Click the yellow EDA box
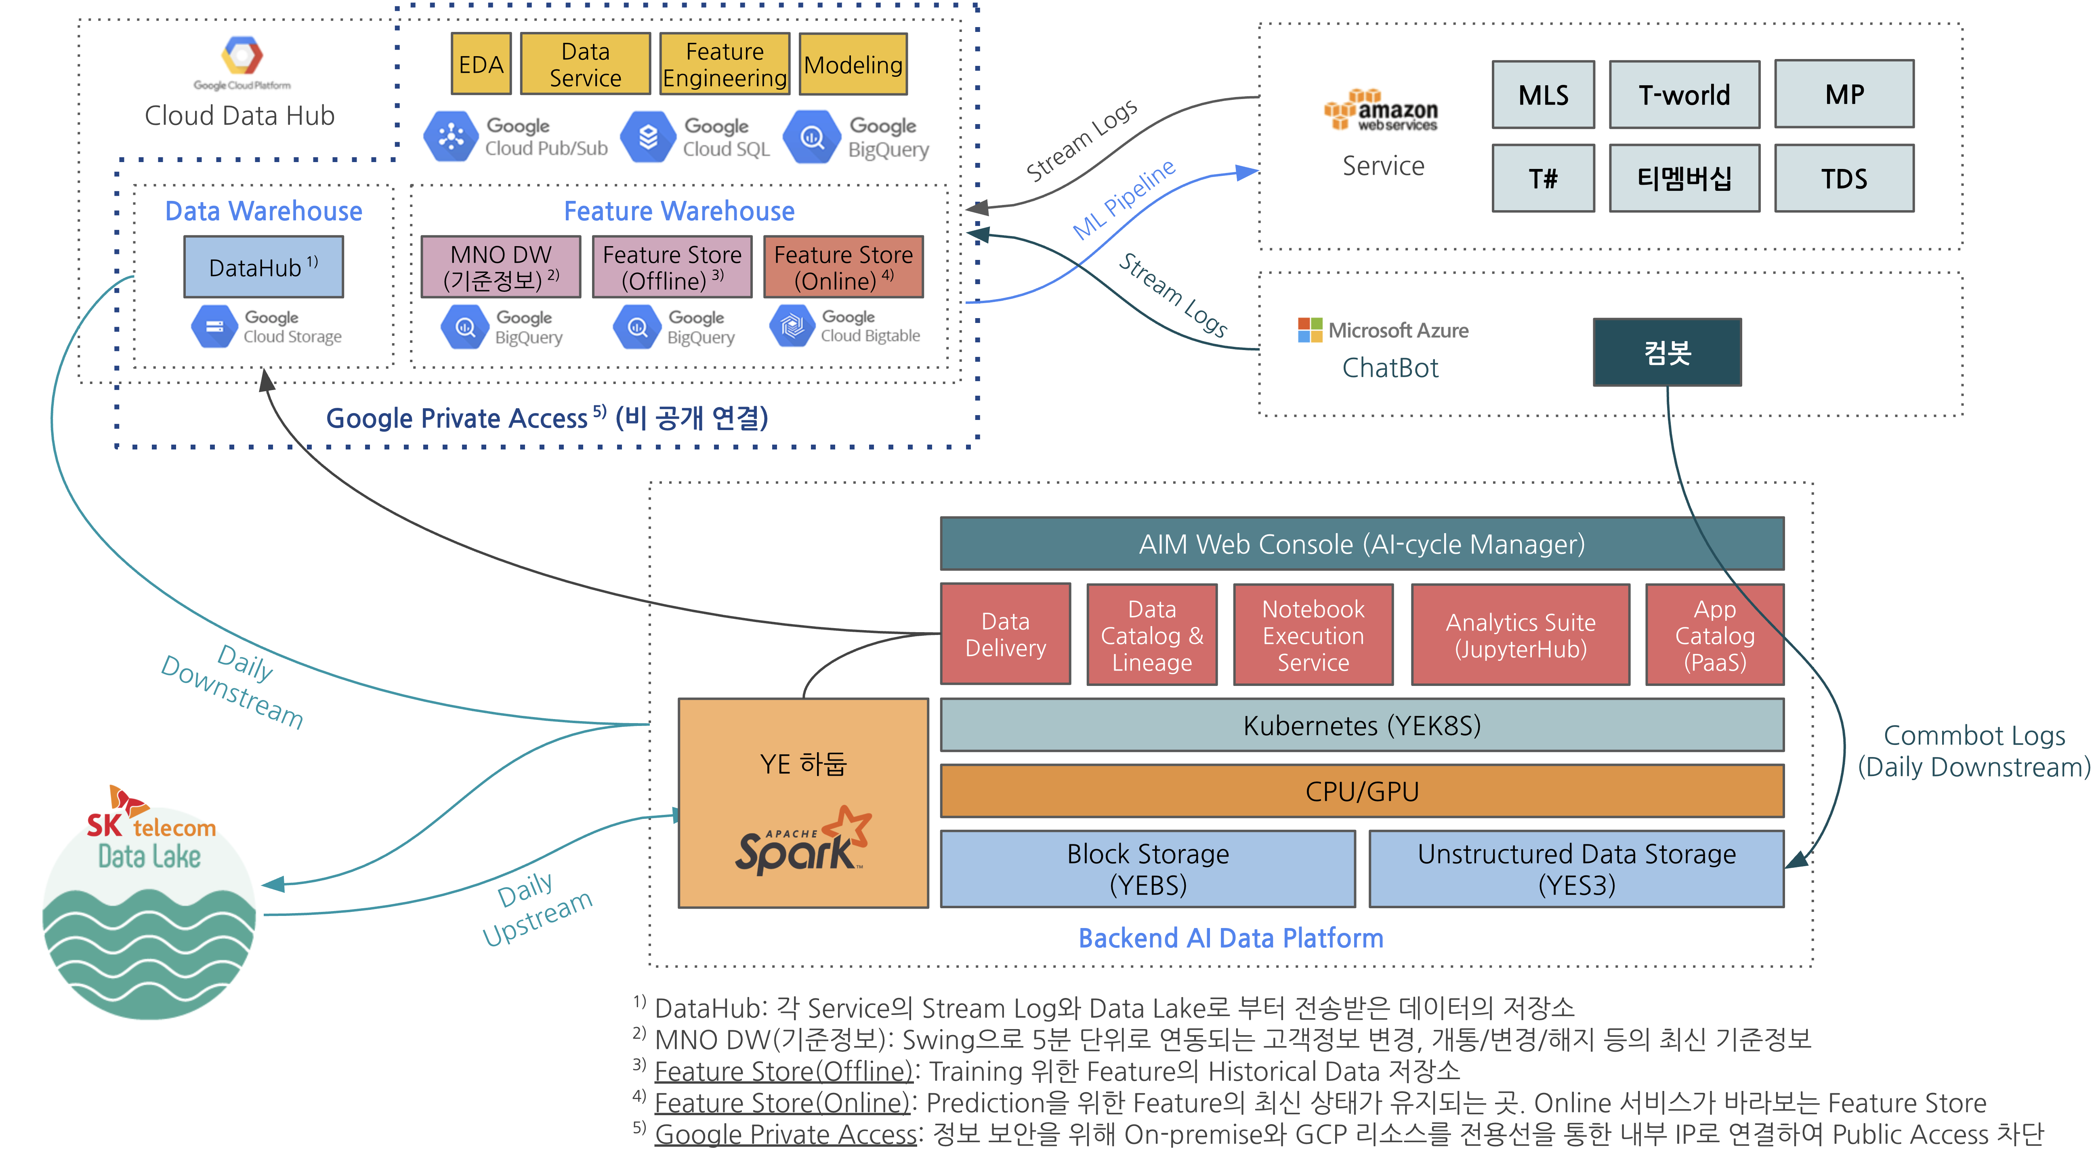481,64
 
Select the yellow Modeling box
853,64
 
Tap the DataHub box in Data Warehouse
263,267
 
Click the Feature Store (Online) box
843,267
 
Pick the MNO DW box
500,267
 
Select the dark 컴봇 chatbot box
1666,352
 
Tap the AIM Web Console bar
1361,544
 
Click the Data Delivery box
1005,634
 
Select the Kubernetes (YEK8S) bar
1361,725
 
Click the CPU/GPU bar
1361,791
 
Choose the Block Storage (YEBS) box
1147,869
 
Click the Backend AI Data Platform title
1230,938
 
